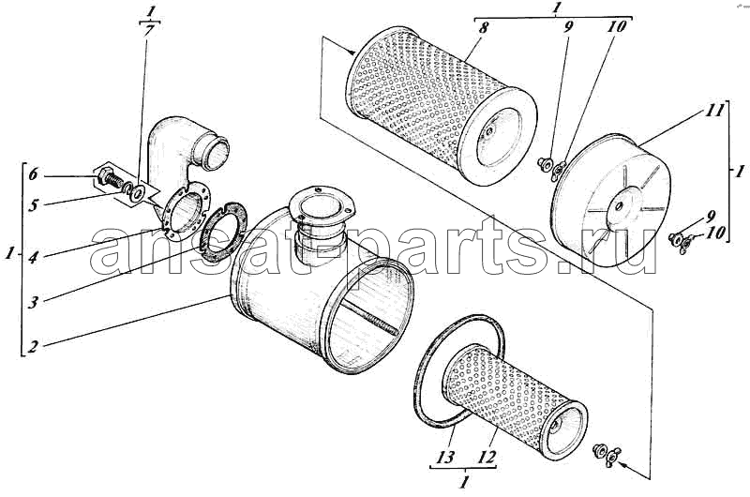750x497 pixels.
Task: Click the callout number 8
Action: tap(483, 27)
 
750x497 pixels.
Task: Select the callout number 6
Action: tap(33, 175)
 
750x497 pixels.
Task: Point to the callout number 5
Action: tap(33, 206)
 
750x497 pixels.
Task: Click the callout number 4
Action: tap(33, 257)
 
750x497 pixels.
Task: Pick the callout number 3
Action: tap(33, 302)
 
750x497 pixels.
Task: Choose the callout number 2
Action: tap(33, 345)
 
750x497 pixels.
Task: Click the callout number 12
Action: tap(486, 457)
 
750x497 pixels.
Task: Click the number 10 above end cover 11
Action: tap(617, 27)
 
